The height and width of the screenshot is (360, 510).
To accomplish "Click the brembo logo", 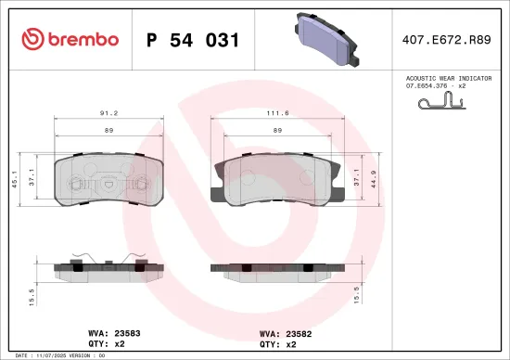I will tap(70, 39).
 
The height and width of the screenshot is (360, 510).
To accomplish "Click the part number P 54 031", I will tap(194, 40).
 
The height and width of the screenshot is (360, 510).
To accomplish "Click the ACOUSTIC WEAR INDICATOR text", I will tap(449, 79).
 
